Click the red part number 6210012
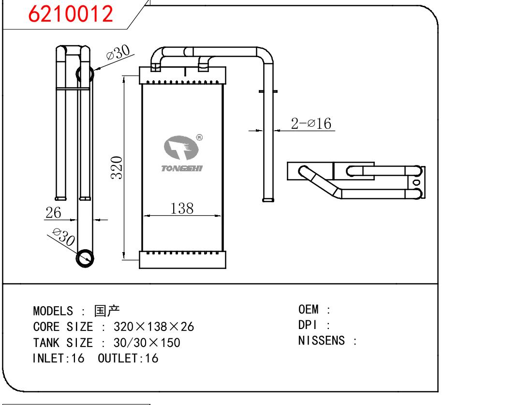click(x=71, y=15)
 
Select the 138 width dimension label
click(x=182, y=209)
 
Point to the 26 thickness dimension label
click(x=53, y=212)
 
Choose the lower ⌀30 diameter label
click(x=62, y=238)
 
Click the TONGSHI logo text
click(x=181, y=168)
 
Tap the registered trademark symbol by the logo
click(x=199, y=138)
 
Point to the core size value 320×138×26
click(x=153, y=327)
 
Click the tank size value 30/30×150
click(x=147, y=343)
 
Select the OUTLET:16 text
click(x=128, y=359)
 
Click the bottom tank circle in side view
click(x=86, y=257)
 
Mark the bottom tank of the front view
click(x=182, y=259)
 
